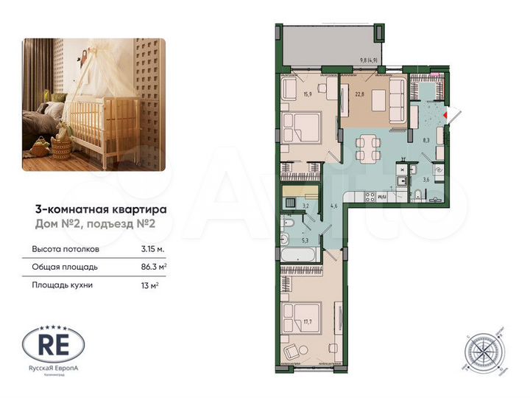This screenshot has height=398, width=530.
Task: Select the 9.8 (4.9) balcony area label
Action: (x=369, y=60)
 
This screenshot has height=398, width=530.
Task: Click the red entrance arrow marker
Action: (x=452, y=114)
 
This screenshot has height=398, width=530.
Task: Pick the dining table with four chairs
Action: (x=367, y=147)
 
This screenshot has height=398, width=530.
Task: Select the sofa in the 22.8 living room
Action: (x=397, y=104)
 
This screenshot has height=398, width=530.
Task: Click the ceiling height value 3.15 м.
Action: (x=153, y=248)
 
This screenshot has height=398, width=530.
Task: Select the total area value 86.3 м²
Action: (x=154, y=266)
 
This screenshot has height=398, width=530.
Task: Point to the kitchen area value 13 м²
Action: (x=149, y=284)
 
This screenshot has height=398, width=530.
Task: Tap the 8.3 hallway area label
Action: (x=425, y=138)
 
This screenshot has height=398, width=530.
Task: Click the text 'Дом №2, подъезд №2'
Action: (x=96, y=224)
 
